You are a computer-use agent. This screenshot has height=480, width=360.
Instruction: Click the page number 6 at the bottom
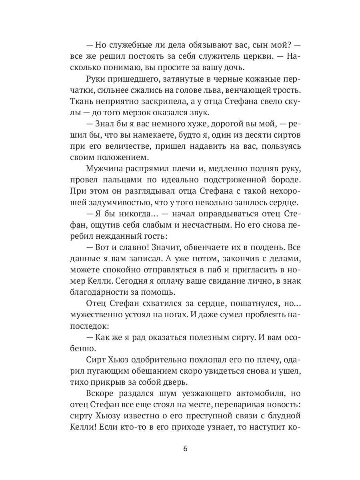185,448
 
